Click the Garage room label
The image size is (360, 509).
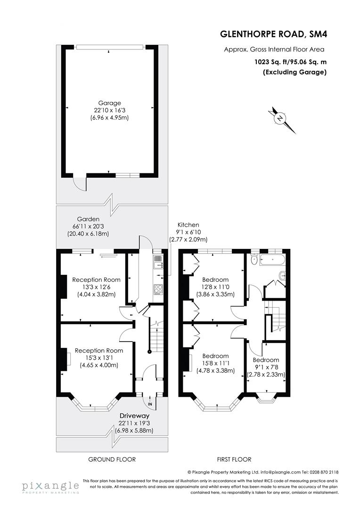coord(109,103)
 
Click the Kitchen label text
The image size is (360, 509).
coord(188,225)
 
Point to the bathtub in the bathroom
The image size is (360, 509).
coord(271,258)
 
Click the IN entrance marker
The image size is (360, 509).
coord(150,404)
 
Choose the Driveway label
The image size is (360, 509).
coord(134,416)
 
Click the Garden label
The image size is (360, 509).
coord(89,219)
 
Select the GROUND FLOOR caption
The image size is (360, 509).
coord(112,459)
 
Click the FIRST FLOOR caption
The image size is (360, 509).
coord(234,459)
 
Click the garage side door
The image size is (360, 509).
coord(80,183)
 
